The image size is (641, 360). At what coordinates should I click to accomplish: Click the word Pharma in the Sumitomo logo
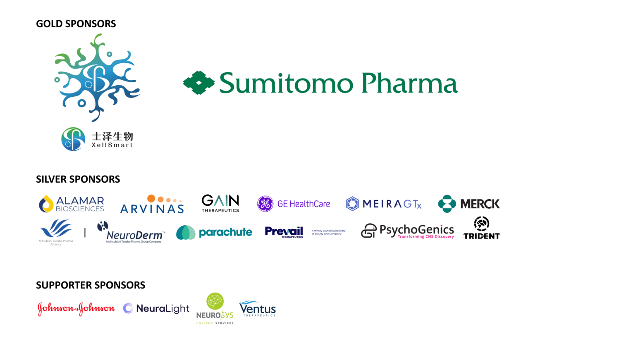click(x=409, y=83)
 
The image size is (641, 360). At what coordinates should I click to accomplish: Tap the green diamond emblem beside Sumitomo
click(x=199, y=83)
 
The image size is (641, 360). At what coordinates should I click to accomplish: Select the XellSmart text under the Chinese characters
click(x=112, y=145)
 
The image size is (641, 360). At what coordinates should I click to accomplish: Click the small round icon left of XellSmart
click(x=73, y=139)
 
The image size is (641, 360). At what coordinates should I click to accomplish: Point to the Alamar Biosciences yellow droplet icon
click(x=46, y=203)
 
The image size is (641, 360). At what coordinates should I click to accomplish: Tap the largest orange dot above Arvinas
click(x=151, y=198)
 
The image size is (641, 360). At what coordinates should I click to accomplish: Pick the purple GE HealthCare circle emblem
click(x=265, y=204)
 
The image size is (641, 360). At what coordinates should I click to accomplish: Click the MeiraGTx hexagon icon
click(x=352, y=204)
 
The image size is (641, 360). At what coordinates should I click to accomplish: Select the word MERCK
click(x=480, y=204)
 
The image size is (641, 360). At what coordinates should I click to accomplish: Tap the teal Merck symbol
click(x=447, y=204)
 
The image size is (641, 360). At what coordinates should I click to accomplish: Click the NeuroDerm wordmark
click(x=135, y=236)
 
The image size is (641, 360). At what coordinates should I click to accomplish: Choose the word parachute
click(x=225, y=232)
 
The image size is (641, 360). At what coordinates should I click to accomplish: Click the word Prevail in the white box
click(x=284, y=231)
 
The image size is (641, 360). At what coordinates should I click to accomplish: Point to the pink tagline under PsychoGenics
click(x=426, y=237)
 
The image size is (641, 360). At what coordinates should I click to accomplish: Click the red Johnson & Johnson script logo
click(x=76, y=309)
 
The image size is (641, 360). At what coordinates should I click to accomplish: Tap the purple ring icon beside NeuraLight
click(x=128, y=308)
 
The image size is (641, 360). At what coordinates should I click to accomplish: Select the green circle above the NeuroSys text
click(x=215, y=300)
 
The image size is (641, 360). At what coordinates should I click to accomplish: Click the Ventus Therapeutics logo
click(x=257, y=309)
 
